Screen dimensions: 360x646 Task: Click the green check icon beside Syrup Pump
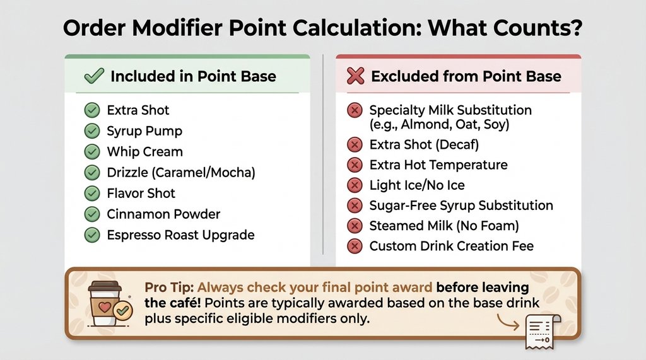point(92,131)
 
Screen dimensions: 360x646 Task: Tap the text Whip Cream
point(144,152)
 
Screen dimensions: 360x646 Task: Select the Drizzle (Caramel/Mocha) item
point(181,173)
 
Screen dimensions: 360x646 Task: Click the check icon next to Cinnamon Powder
point(92,214)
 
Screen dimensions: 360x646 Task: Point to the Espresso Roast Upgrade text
point(180,235)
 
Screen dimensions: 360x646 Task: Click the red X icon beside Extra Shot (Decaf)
point(355,145)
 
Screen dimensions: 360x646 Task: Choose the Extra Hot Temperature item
point(438,165)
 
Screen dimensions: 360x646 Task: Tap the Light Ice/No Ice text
point(417,185)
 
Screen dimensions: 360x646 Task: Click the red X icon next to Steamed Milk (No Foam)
point(355,226)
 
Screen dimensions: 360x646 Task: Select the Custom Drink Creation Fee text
point(451,246)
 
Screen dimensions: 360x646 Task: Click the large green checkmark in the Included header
point(94,77)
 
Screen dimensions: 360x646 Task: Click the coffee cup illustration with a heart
point(105,303)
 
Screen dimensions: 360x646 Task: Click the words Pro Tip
point(168,287)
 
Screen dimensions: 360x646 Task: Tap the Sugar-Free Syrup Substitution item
point(461,206)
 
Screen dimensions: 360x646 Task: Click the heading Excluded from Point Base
point(466,77)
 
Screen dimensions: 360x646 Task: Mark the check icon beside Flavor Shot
point(92,194)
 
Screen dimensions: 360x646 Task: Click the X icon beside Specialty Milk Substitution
point(355,111)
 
